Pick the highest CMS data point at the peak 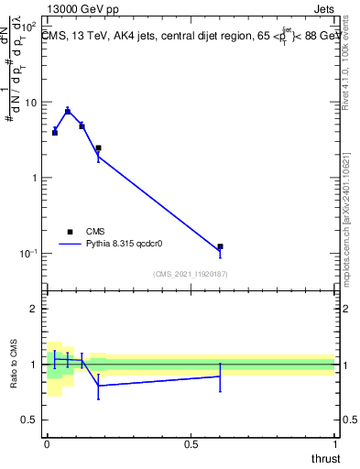click(x=68, y=111)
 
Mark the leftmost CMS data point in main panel click(x=55, y=133)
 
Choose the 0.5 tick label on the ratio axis click(x=30, y=420)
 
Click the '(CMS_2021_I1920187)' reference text click(x=190, y=274)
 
